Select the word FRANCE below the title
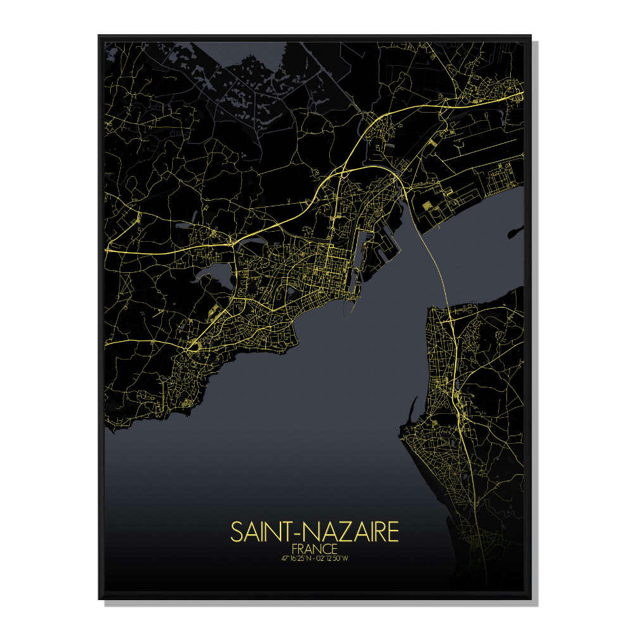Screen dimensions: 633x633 pyautogui.click(x=315, y=548)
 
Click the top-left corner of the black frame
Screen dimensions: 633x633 pyautogui.click(x=100, y=37)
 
